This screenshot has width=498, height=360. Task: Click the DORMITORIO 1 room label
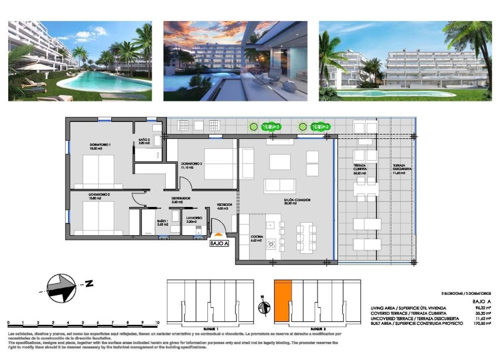84,145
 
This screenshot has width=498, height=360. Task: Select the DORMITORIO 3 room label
192,163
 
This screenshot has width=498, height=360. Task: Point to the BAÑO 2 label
145,140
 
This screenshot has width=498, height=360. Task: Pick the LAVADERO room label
194,218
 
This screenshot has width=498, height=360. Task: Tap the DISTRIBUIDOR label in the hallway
180,198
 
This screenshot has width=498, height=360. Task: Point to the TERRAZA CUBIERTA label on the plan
360,169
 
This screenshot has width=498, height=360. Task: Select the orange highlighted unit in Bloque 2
282,300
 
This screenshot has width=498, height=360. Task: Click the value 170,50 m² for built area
480,324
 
